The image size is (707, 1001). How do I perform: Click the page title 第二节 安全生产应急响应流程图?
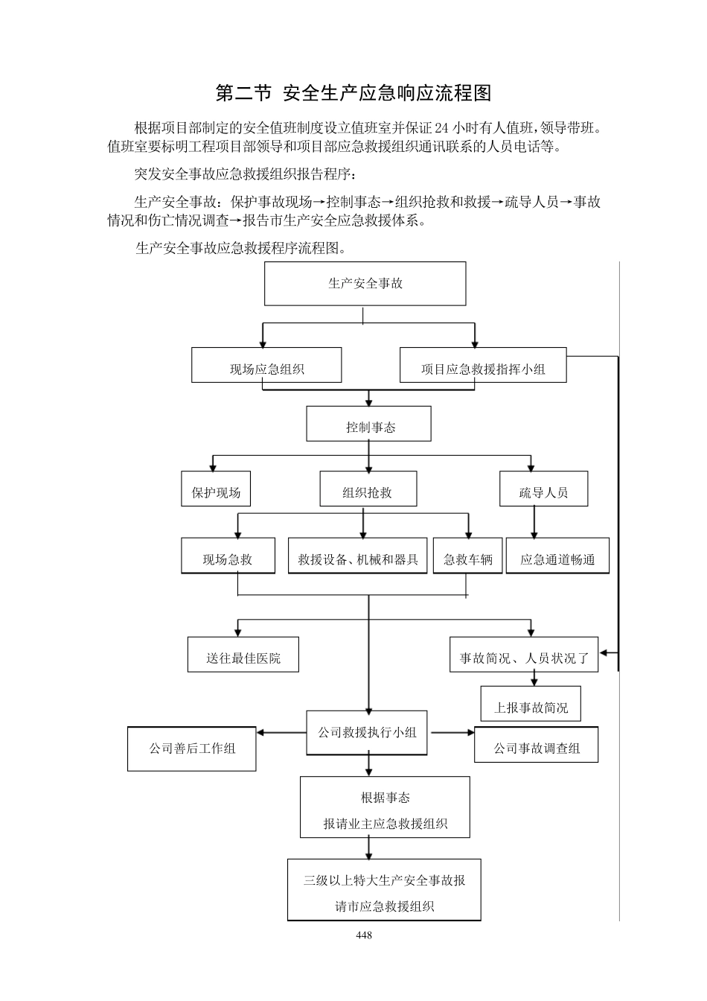click(353, 93)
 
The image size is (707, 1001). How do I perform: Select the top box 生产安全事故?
click(365, 284)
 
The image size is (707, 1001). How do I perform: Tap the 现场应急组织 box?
click(266, 366)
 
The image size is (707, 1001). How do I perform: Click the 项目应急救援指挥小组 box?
click(483, 366)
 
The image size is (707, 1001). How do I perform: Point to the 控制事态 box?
click(369, 425)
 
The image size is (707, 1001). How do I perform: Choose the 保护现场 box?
click(216, 489)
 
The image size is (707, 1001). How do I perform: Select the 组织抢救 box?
click(368, 489)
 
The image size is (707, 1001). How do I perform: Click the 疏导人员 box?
click(543, 489)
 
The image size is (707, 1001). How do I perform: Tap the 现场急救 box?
click(227, 556)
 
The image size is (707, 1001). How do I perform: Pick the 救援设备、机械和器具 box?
click(358, 556)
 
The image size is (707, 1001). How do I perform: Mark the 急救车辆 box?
click(467, 556)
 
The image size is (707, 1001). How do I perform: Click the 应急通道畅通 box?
click(557, 556)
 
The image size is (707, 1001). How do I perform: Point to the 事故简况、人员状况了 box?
click(524, 655)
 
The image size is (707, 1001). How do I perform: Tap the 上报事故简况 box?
click(531, 705)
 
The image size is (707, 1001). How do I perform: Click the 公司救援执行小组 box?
click(368, 733)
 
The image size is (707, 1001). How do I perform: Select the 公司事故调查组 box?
click(536, 746)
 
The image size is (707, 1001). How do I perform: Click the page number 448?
click(364, 935)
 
